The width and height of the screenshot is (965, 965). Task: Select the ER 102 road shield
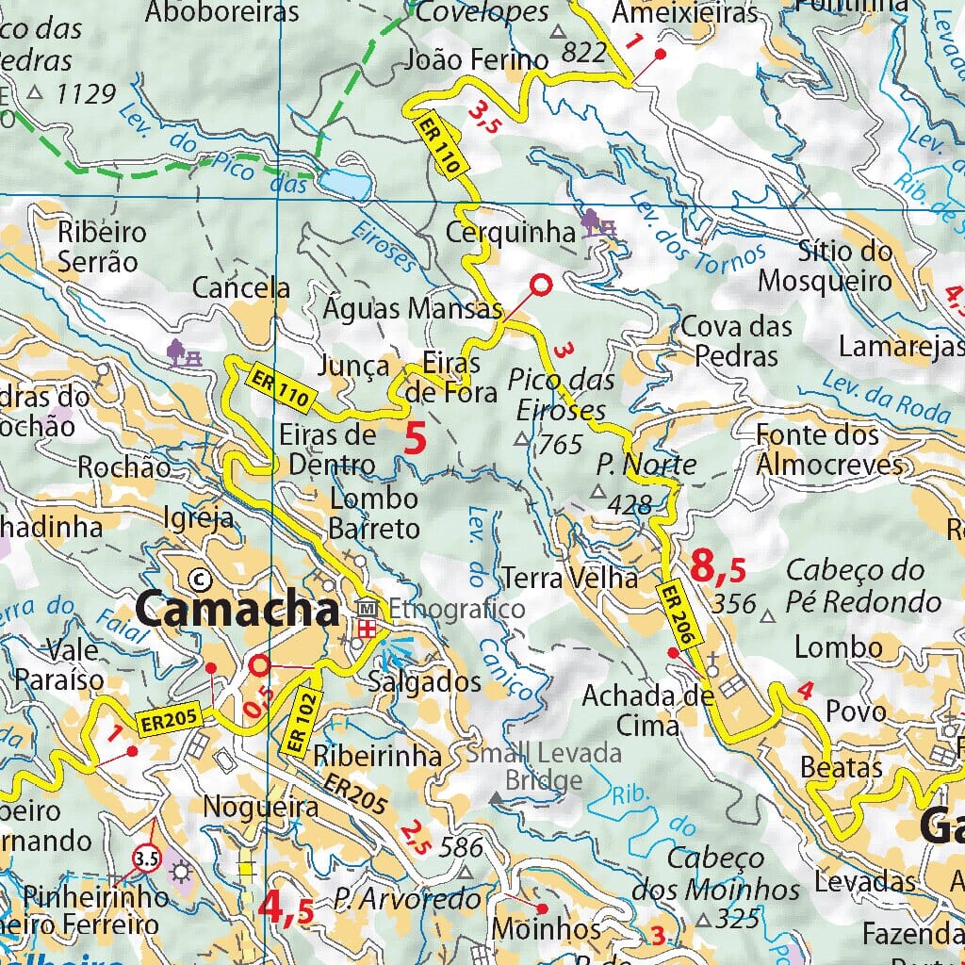coord(301,722)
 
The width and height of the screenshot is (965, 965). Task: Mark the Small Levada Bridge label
coord(544,766)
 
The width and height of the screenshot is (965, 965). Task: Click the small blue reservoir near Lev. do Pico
coord(343,184)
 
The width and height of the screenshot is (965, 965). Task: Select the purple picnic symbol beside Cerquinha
coord(598,224)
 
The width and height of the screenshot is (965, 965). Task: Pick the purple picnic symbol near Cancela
coord(184,352)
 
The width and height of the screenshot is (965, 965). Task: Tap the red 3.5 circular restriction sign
coord(146,859)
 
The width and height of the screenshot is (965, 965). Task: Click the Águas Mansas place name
coord(411,308)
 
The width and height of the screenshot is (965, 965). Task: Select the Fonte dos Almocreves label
coord(829,450)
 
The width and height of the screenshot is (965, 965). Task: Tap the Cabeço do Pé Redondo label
coord(863,585)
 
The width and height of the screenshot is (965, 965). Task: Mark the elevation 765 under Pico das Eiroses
coord(560,444)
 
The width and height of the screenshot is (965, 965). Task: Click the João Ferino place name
coord(476,60)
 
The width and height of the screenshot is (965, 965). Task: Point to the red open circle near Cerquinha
coord(541,283)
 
